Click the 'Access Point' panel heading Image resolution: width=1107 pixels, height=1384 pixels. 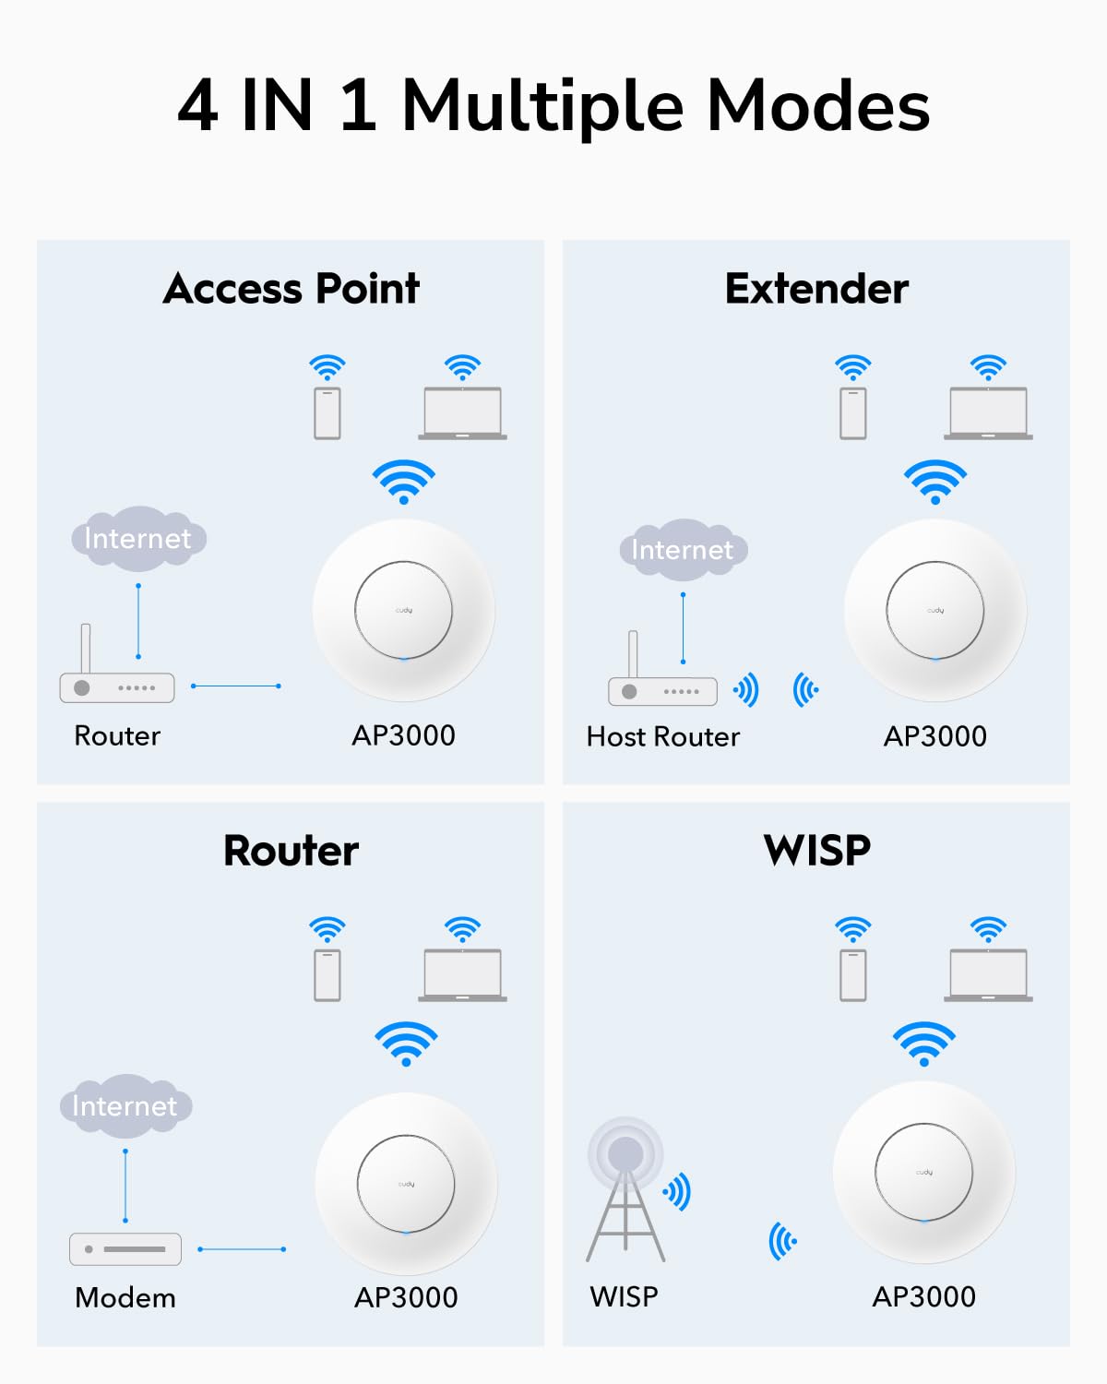pos(291,289)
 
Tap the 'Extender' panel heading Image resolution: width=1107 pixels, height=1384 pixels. pos(816,289)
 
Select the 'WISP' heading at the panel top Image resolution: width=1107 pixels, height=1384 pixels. pos(816,850)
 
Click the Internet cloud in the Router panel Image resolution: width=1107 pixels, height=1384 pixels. pos(125,1105)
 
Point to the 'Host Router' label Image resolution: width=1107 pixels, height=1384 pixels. pos(662,736)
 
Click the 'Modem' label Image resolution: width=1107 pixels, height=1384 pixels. pos(125,1297)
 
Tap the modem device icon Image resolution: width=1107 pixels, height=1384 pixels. pos(125,1249)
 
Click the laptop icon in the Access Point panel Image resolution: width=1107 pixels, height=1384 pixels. pos(462,413)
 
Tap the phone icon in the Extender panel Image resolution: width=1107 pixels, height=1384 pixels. pos(853,413)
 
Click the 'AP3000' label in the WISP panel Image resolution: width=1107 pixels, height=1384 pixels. pos(923,1296)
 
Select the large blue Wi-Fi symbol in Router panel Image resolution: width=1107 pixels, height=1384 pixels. pos(406,1043)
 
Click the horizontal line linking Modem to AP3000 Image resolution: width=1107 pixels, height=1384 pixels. pos(242,1249)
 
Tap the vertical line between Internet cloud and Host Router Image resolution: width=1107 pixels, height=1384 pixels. pos(683,628)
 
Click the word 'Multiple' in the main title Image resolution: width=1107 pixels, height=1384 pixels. pos(542,106)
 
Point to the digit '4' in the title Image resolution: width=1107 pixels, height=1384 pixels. pos(197,106)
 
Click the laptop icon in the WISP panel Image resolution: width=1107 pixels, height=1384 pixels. pos(988,975)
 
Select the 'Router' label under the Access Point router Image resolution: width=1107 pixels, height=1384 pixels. pos(117,735)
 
